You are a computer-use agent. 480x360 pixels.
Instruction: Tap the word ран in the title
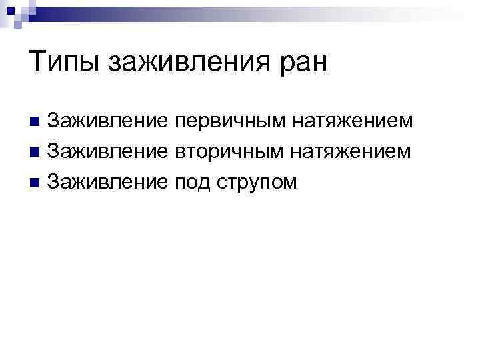(303, 63)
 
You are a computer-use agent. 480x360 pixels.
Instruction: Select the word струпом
(257, 181)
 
